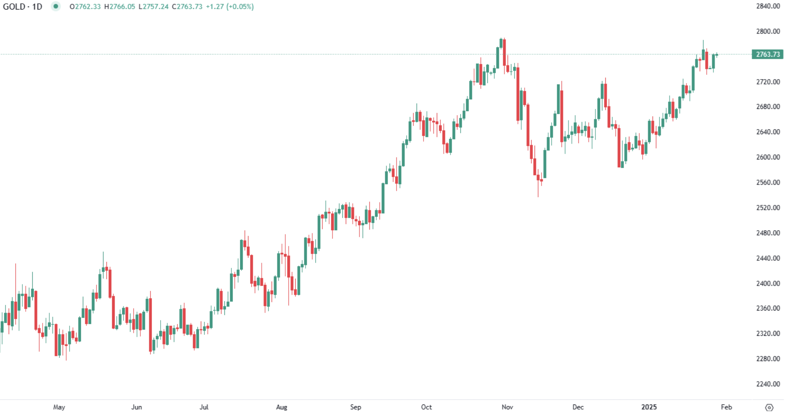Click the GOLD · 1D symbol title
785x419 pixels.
point(23,7)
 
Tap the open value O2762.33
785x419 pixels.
point(85,7)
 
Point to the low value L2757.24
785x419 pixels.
point(153,7)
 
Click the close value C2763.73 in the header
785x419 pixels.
point(187,7)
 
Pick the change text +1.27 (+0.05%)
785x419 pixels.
point(230,7)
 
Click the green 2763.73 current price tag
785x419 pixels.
point(768,54)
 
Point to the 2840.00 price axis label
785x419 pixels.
point(768,6)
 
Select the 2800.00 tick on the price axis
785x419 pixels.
point(768,31)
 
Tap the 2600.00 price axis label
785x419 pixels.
point(768,157)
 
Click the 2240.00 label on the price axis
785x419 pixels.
point(768,384)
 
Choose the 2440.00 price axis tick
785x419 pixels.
point(768,258)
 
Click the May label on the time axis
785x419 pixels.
point(59,407)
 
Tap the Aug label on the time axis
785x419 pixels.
point(282,407)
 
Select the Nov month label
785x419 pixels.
point(507,407)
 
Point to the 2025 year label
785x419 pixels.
point(649,407)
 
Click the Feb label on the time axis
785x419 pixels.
point(726,407)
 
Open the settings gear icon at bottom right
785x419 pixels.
point(769,408)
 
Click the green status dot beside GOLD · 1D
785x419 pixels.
point(56,6)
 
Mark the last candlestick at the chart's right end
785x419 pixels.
point(717,54)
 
